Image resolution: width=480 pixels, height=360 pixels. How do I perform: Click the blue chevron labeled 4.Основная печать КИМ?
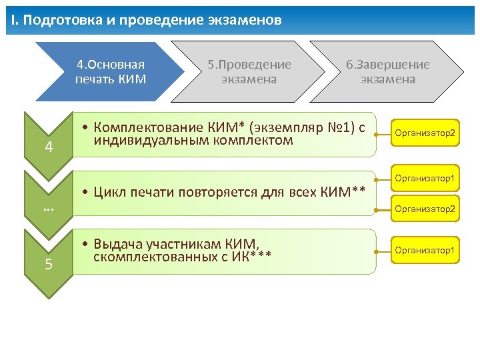click(110, 72)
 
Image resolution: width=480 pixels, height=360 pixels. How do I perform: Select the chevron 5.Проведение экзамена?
click(249, 72)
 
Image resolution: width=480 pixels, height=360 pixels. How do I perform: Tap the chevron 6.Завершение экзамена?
click(387, 72)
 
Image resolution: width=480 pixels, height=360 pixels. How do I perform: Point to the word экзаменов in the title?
click(246, 21)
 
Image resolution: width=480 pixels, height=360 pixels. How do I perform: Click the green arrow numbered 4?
click(49, 143)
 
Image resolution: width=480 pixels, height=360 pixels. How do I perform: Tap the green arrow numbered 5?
click(49, 263)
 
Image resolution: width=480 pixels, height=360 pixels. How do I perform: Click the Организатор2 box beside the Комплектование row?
click(425, 133)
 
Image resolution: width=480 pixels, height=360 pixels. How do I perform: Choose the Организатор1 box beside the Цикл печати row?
click(425, 178)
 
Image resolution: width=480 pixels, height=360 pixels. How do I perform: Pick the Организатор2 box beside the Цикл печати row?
click(425, 209)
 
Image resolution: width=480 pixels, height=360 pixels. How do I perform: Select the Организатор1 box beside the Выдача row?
click(425, 250)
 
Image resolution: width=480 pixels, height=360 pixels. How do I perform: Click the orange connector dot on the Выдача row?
click(377, 251)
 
